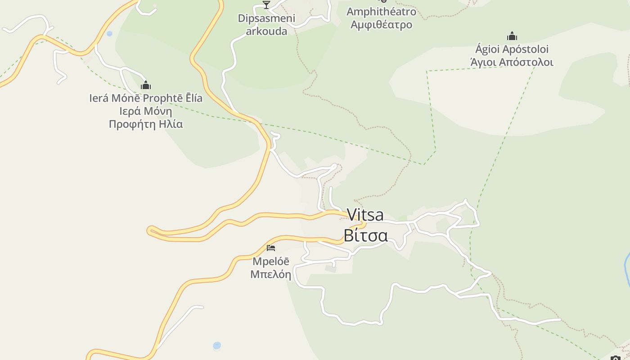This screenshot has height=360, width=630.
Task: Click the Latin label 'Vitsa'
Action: (x=365, y=215)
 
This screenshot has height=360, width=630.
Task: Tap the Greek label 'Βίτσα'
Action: (x=365, y=235)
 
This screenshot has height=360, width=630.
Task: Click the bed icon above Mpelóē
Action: (x=271, y=247)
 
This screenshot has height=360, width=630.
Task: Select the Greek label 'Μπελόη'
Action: (x=271, y=274)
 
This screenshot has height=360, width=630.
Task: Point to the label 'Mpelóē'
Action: (x=271, y=261)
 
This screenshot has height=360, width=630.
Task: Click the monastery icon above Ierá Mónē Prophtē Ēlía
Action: (x=146, y=85)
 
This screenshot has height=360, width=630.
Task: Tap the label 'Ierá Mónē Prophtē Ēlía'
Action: (x=146, y=98)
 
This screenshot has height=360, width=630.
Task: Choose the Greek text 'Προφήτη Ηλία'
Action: (x=146, y=124)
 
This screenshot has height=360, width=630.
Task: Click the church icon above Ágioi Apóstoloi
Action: (x=512, y=36)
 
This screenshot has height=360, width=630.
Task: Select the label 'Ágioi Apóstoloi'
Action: (x=512, y=49)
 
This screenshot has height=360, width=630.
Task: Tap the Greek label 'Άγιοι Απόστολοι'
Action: (x=512, y=62)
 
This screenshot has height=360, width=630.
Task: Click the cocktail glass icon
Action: (x=266, y=5)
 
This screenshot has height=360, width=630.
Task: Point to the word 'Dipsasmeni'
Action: (x=266, y=18)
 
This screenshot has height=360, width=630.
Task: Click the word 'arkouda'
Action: (x=266, y=31)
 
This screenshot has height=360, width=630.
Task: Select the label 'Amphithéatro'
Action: (x=381, y=11)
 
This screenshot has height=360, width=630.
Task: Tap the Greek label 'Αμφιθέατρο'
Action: (x=381, y=24)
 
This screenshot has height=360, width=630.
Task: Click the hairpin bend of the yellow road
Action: (x=150, y=230)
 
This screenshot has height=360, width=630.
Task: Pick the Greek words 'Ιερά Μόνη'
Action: (x=146, y=111)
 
